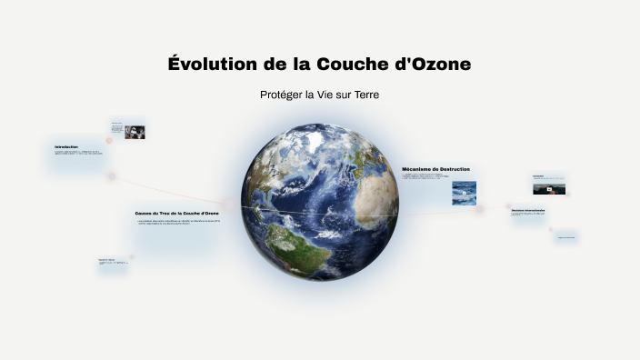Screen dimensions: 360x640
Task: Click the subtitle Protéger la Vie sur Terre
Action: [x=319, y=95]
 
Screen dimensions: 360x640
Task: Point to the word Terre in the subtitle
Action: [x=364, y=95]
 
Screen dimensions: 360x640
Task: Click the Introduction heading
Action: [x=66, y=146]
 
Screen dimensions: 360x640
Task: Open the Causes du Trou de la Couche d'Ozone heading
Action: [x=176, y=213]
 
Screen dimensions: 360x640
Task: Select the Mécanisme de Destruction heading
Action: [x=435, y=168]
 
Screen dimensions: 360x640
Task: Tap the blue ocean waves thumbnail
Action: [x=465, y=193]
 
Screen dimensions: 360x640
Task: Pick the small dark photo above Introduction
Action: [x=135, y=132]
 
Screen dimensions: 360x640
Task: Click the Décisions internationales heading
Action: [x=528, y=209]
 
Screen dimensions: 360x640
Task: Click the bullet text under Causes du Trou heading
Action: [x=177, y=221]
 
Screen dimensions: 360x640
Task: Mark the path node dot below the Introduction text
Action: [x=112, y=176]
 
